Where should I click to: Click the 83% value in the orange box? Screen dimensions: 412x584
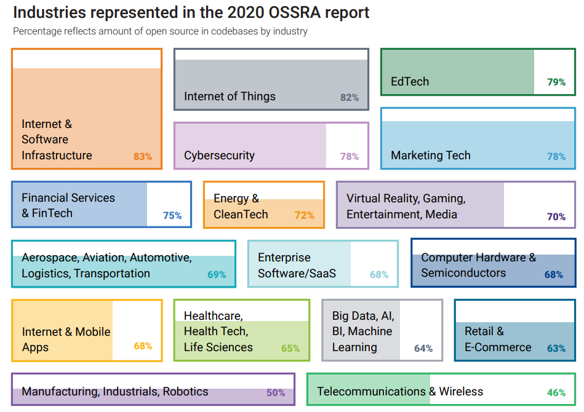tap(142, 156)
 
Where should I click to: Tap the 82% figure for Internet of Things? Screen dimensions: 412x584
tap(350, 97)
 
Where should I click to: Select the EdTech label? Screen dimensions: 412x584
tap(410, 81)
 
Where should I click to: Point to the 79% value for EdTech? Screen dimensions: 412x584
tap(556, 82)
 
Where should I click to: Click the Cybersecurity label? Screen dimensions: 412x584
tap(219, 156)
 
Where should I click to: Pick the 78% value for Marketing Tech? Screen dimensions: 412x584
tap(556, 156)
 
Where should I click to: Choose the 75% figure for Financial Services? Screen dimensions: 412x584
tap(172, 215)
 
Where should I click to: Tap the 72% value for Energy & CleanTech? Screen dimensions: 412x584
tap(304, 215)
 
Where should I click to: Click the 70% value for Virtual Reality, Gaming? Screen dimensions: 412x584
tap(556, 216)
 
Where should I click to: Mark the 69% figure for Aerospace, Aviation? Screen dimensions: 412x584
tap(217, 274)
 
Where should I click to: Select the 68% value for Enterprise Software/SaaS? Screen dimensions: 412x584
tap(379, 274)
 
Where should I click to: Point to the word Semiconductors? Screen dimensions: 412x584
tap(463, 272)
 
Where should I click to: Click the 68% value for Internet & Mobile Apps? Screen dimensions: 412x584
tap(143, 346)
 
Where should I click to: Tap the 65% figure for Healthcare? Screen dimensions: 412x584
tap(290, 348)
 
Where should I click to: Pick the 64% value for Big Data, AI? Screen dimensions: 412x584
tap(423, 348)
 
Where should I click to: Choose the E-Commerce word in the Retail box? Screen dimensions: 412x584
tap(498, 347)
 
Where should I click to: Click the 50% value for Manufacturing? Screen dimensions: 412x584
tap(276, 392)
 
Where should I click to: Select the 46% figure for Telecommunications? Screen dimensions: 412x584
tap(556, 392)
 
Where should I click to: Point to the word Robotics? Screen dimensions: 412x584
tap(185, 392)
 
